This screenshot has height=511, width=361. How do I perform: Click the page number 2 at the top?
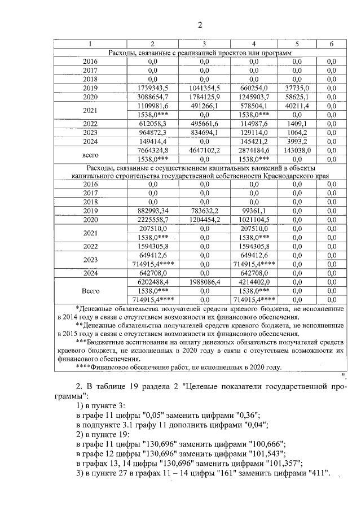[x=199, y=24]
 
